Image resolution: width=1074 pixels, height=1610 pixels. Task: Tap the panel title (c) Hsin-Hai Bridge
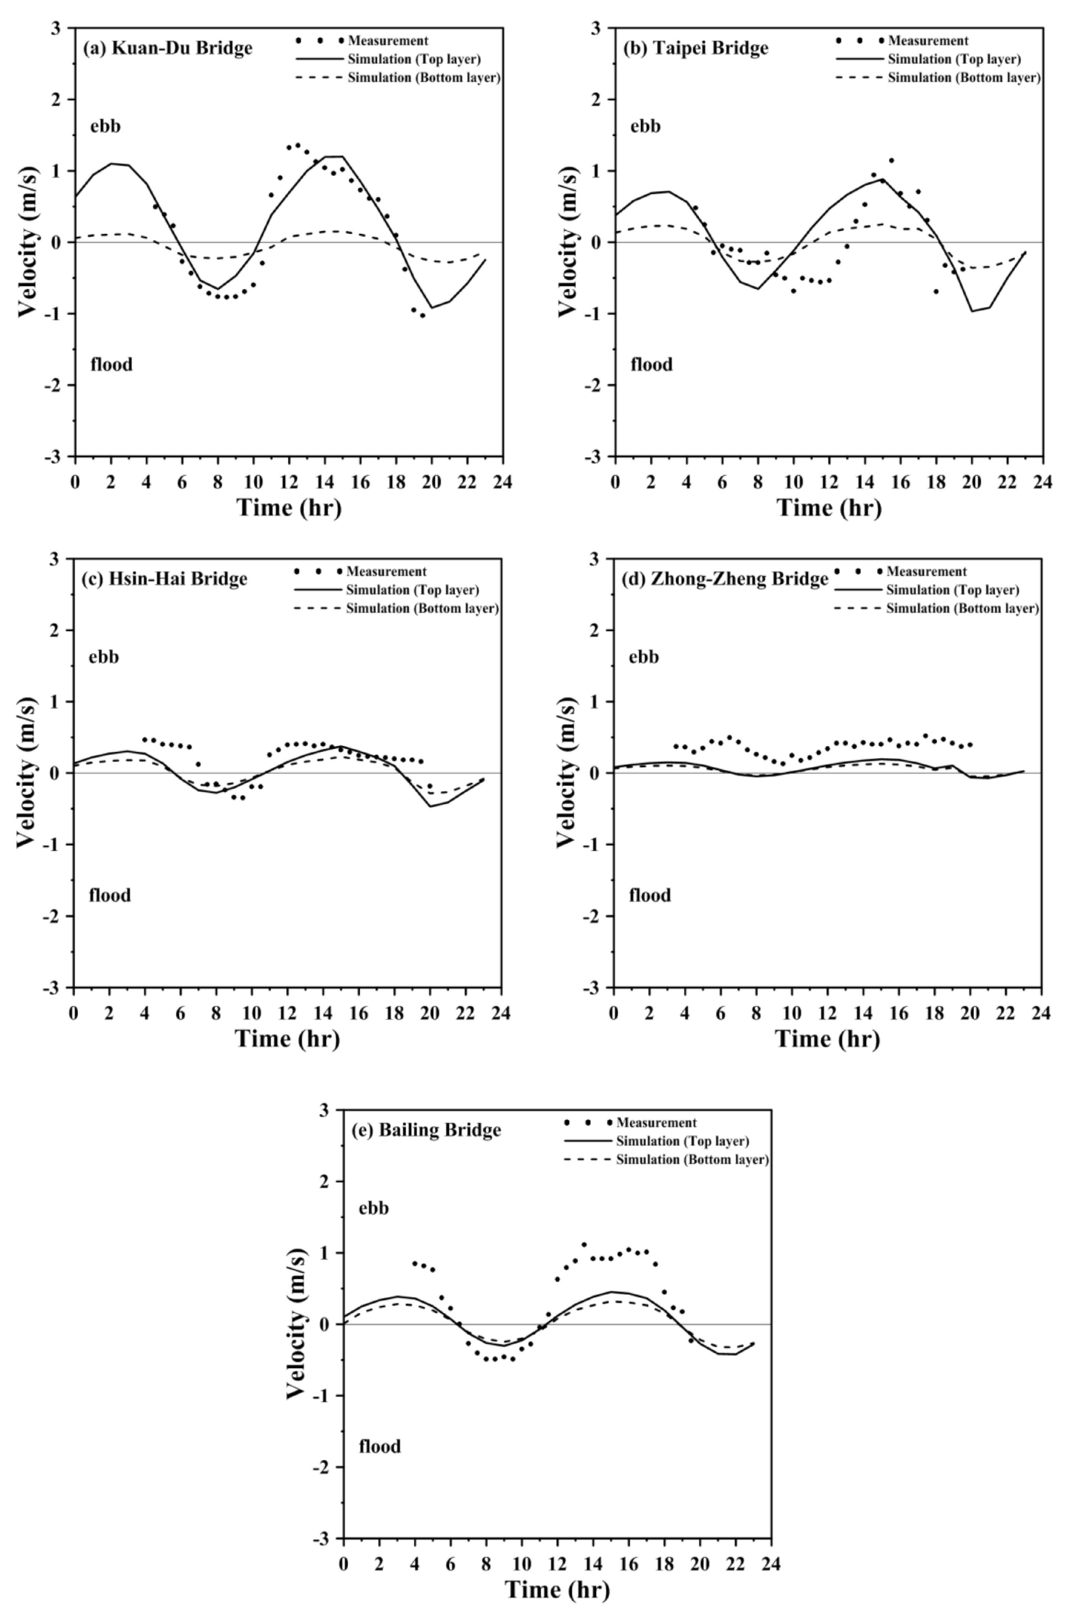point(165,579)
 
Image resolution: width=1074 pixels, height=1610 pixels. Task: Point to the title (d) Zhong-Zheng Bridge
point(725,579)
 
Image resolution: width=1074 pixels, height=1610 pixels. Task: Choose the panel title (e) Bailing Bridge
point(426,1130)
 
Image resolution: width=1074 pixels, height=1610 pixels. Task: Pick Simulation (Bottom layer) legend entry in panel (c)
point(422,608)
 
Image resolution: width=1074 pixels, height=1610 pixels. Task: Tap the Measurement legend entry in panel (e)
point(656,1122)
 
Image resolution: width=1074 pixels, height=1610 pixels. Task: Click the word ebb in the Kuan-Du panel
point(105,126)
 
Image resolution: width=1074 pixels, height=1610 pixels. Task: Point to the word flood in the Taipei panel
point(651,364)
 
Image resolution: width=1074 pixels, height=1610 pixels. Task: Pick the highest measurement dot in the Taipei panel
point(891,160)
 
